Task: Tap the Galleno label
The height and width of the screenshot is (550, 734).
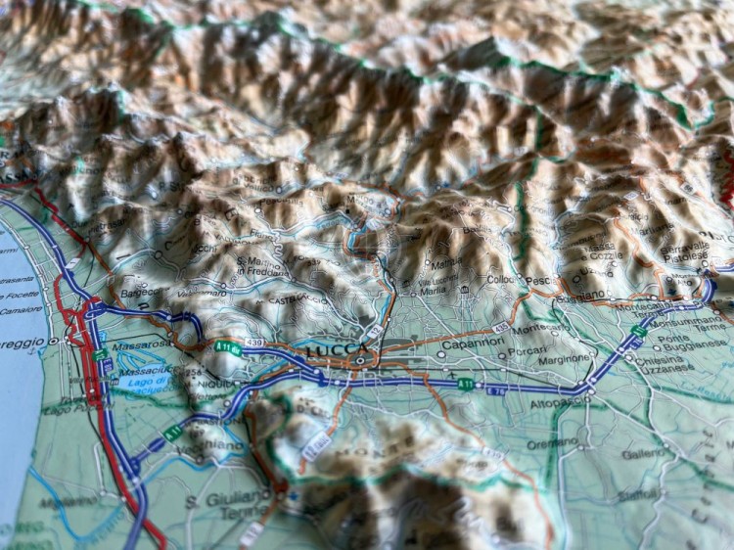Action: point(642,454)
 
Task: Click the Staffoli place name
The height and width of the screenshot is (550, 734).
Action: point(637,496)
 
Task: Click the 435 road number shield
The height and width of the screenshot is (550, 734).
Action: point(501,327)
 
